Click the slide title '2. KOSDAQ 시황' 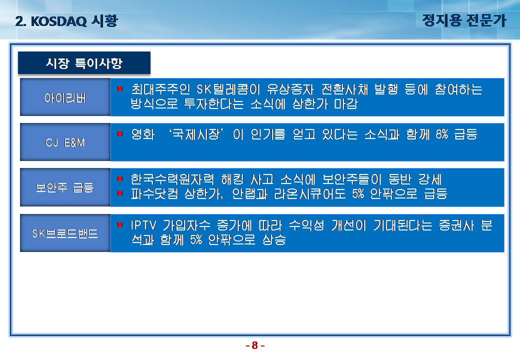66,21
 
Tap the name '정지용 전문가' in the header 464,20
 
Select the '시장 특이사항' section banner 84,62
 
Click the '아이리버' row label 65,98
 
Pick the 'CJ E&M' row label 65,142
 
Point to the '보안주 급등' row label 65,187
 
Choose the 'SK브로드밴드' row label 65,233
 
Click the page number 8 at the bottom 254,345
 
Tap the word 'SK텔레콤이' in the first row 228,89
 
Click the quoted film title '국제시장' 196,134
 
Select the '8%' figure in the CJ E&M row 441,134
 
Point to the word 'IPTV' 143,225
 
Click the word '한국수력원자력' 172,179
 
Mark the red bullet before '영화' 120,133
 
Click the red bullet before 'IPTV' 120,225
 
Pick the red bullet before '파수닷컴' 120,193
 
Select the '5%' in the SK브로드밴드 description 196,239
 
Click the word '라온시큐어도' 310,193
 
